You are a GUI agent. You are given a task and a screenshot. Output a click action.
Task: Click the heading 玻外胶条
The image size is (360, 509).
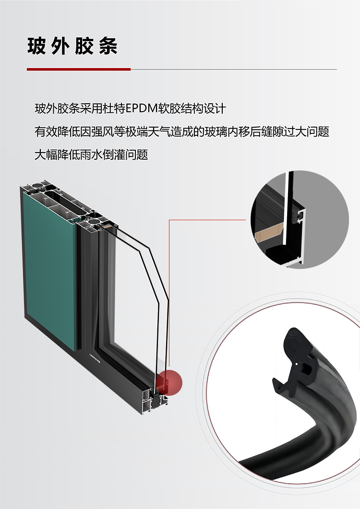coord(72,46)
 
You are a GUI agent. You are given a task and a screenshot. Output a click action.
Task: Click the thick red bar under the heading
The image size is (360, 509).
coord(79,69)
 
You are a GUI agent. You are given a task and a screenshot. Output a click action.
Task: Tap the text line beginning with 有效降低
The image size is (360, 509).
coord(182,131)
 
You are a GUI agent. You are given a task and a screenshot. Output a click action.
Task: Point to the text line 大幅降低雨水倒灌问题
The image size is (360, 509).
coord(91,154)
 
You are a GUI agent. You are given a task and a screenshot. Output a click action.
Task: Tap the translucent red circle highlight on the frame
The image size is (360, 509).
coord(169,383)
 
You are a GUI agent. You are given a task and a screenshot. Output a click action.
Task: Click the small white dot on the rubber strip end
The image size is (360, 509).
coord(298,364)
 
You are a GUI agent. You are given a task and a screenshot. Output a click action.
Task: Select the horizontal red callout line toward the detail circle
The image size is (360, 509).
coord(207,220)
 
